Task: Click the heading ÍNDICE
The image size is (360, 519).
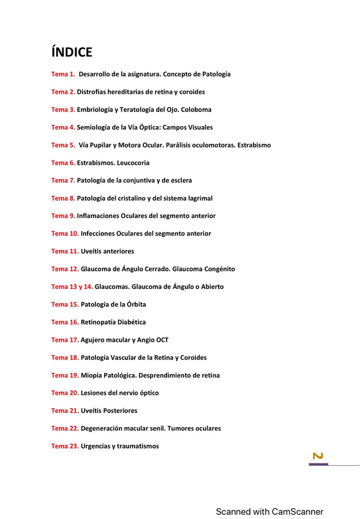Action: click(x=72, y=51)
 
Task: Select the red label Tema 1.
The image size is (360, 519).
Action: click(x=63, y=74)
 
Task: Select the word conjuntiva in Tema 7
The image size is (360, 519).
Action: click(x=135, y=181)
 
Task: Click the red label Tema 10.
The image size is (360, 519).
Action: click(x=65, y=233)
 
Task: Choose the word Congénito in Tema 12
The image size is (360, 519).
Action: click(x=218, y=269)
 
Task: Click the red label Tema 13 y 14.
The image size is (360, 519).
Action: click(x=72, y=286)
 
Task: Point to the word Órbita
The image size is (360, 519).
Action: click(x=135, y=304)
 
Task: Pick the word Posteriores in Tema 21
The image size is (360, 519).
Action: click(x=119, y=411)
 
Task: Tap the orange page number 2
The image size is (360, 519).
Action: click(x=318, y=456)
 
